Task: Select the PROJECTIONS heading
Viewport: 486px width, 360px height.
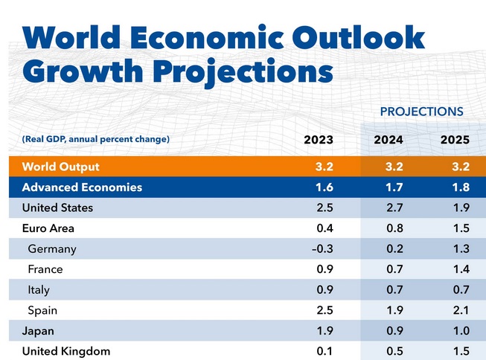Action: point(421,112)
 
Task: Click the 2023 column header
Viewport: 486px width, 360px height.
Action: point(319,139)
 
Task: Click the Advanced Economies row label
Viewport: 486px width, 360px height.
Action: point(82,187)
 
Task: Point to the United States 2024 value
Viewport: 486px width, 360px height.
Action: point(389,208)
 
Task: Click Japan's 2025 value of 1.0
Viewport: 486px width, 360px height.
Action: point(454,330)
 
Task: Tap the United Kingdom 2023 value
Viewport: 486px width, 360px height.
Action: point(323,350)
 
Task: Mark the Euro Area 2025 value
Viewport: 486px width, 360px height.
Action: point(454,228)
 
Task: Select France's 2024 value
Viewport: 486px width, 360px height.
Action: point(389,269)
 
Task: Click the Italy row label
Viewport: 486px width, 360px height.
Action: point(39,289)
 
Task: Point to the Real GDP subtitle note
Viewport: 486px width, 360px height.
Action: point(96,139)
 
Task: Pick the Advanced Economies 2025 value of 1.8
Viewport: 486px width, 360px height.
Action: point(454,187)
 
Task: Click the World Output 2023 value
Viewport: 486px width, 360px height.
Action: point(323,166)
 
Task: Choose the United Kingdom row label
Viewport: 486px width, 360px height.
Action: point(66,350)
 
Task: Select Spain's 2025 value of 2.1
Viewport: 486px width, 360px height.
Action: point(454,309)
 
